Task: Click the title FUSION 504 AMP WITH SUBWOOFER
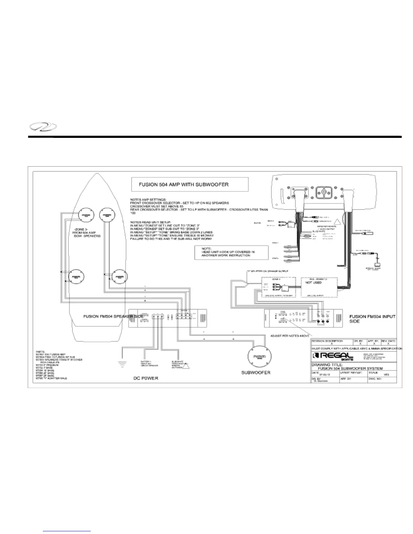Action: [x=184, y=184]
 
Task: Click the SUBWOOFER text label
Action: [x=255, y=373]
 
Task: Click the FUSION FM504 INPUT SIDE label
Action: [x=372, y=319]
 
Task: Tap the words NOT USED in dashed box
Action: [x=313, y=283]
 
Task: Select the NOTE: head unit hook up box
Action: [x=231, y=252]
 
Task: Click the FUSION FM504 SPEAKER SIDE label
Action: [x=113, y=317]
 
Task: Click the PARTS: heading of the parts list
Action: [x=40, y=351]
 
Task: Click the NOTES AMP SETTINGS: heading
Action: [x=148, y=200]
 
